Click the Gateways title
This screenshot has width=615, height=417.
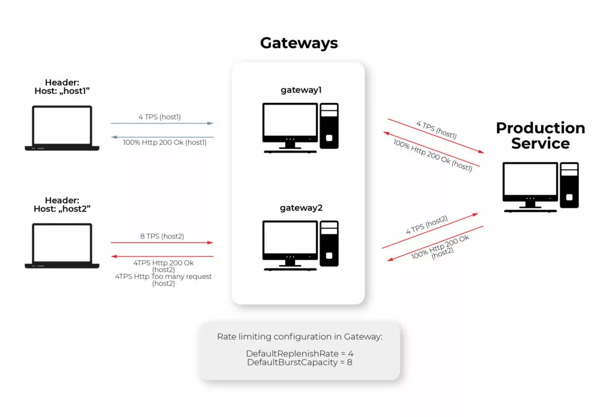click(x=299, y=43)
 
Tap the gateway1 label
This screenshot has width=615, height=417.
click(x=301, y=90)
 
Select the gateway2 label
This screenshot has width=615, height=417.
click(x=301, y=208)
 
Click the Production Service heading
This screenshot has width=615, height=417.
click(x=541, y=135)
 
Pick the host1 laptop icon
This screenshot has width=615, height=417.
click(x=62, y=128)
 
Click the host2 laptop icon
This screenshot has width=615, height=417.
click(x=62, y=246)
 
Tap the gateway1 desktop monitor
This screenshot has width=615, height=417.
click(x=290, y=126)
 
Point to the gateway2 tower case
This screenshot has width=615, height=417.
click(x=329, y=243)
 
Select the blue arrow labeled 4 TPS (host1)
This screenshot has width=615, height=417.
click(x=162, y=123)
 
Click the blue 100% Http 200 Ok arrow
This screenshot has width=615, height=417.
click(x=162, y=138)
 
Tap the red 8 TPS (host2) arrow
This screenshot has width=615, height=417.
click(x=162, y=242)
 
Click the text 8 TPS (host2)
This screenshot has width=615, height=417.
click(x=162, y=236)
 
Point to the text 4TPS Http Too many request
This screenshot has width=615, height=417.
click(x=163, y=276)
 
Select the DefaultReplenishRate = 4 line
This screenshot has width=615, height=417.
click(x=300, y=353)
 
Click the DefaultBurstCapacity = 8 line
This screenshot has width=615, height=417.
click(x=300, y=362)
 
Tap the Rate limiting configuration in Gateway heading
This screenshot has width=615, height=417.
click(x=300, y=336)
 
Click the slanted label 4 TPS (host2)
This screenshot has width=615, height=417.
click(x=427, y=225)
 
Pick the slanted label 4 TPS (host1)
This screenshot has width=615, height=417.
click(x=437, y=130)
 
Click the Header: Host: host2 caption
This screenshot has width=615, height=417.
click(x=62, y=204)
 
